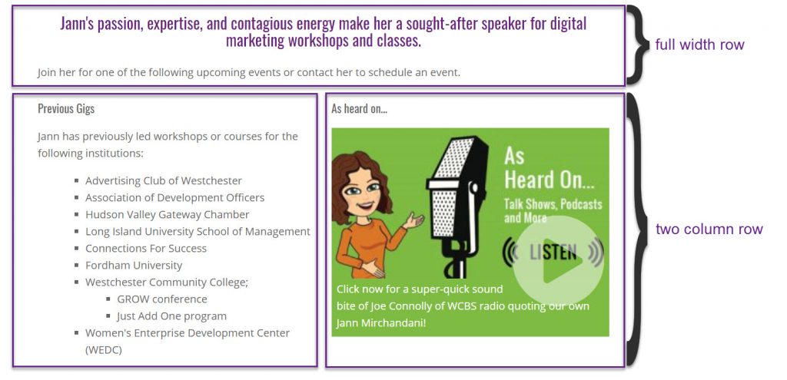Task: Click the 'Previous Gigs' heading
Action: click(66, 108)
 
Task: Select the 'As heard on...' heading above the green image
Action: click(360, 108)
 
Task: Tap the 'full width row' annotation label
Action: click(699, 45)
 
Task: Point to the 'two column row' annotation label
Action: click(709, 229)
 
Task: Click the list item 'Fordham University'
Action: click(134, 265)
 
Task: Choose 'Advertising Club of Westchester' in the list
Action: click(164, 180)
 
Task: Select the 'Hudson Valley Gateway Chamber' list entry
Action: click(167, 214)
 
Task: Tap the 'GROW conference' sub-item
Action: click(162, 299)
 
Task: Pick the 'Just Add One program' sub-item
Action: click(171, 316)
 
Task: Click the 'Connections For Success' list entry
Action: click(145, 248)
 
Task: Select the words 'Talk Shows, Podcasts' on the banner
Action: click(553, 204)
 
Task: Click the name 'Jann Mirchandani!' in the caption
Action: click(381, 323)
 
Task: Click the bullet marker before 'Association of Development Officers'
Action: click(76, 197)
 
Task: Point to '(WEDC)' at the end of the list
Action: click(104, 350)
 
